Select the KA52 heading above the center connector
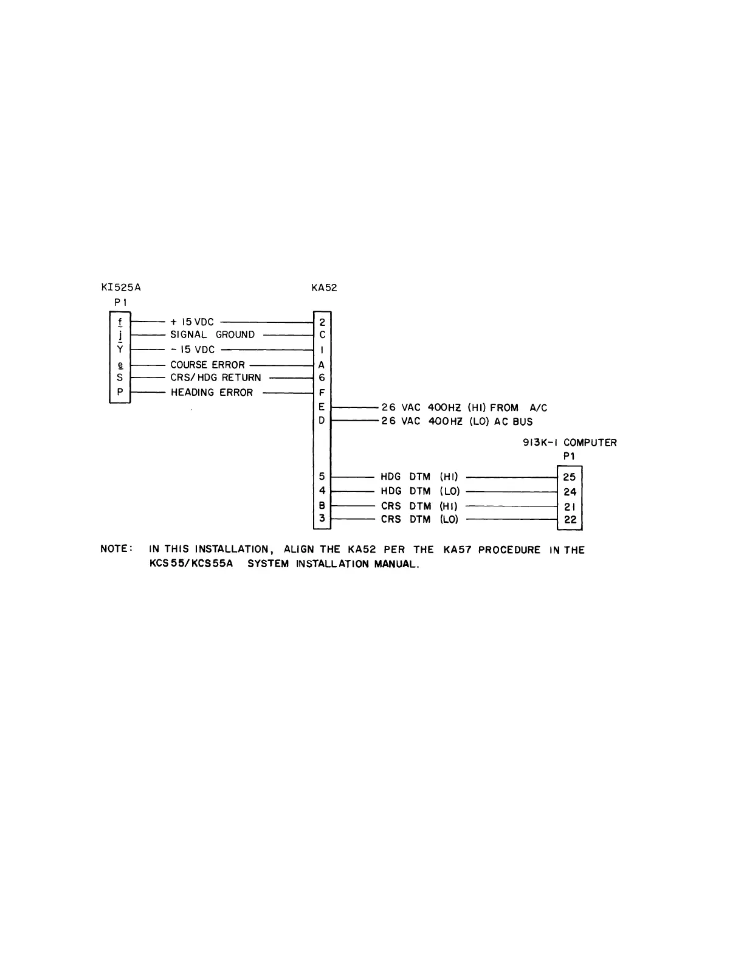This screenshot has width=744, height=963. [x=323, y=288]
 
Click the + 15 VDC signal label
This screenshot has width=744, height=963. [x=192, y=322]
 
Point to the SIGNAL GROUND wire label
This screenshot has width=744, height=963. [x=212, y=334]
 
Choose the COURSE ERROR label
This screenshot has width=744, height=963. [x=207, y=365]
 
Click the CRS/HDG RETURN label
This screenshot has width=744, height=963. [x=215, y=378]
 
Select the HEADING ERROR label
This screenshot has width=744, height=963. [x=212, y=393]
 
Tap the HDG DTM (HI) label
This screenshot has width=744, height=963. [x=419, y=477]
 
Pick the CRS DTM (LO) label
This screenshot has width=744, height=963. [x=420, y=519]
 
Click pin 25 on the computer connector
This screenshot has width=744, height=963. [x=570, y=477]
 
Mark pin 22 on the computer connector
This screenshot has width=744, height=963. [x=570, y=520]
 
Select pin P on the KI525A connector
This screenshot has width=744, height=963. [x=120, y=392]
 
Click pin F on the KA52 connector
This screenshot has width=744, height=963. [x=322, y=393]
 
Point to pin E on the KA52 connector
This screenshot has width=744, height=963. [x=322, y=407]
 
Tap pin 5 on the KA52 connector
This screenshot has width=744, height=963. [x=322, y=477]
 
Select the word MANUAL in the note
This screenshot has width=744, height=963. [x=396, y=564]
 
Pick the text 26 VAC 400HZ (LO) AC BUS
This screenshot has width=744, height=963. [x=456, y=421]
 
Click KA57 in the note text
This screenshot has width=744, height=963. [x=457, y=550]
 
